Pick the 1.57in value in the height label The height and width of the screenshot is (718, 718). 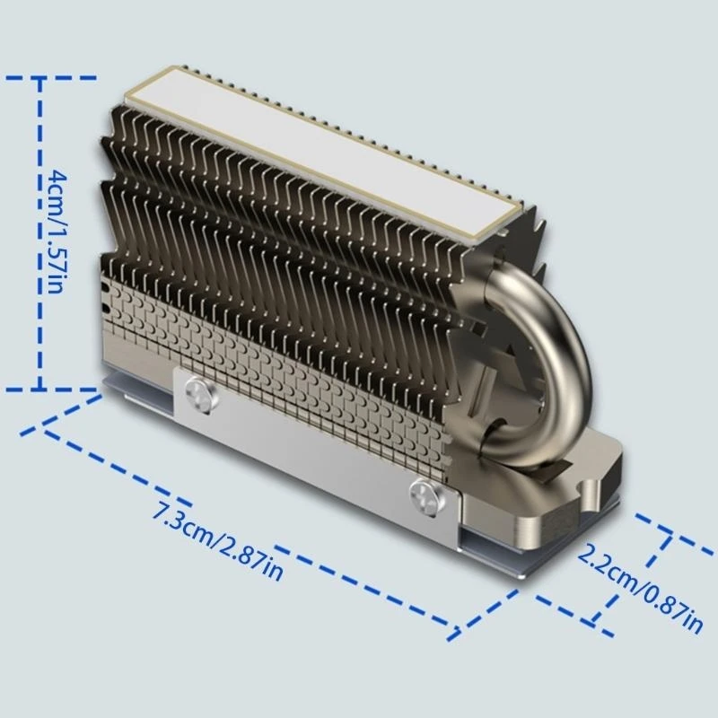56,260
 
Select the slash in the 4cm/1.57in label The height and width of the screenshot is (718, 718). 56,218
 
